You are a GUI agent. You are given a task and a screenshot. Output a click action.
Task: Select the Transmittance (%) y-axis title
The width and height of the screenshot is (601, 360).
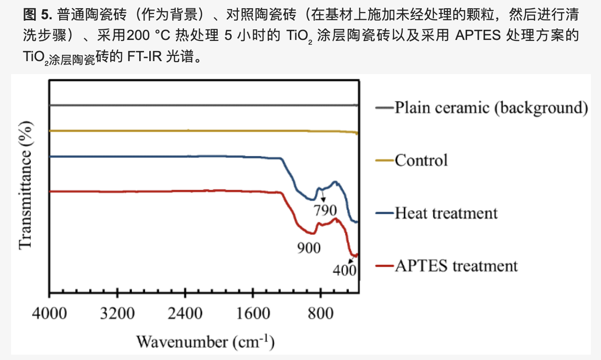click(x=26, y=185)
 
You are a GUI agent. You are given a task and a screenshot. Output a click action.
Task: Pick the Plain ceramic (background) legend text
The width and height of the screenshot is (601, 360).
click(x=491, y=107)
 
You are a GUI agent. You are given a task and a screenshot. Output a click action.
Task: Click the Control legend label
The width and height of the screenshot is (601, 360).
click(x=421, y=160)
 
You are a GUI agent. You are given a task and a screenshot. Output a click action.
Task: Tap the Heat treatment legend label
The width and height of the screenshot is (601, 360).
click(x=446, y=213)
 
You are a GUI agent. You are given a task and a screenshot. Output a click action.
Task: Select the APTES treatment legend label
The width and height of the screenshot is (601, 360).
click(x=456, y=266)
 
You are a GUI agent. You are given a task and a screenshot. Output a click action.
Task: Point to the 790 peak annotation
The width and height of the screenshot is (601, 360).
click(x=325, y=210)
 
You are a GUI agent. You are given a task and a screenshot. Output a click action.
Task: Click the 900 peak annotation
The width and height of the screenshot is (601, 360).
click(x=308, y=248)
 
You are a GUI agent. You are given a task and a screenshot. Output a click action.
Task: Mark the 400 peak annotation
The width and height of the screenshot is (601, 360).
click(x=344, y=270)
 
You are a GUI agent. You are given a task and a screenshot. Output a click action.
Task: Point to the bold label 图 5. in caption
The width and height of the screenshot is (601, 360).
click(x=37, y=15)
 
